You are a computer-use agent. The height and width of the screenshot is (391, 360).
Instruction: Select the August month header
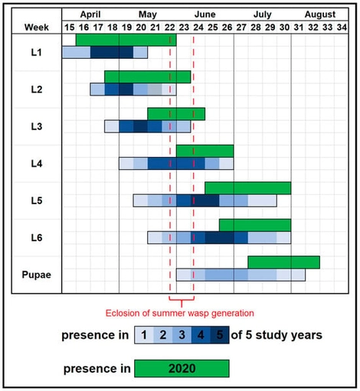click(319, 14)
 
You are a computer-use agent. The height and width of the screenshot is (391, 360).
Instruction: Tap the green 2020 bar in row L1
click(126, 40)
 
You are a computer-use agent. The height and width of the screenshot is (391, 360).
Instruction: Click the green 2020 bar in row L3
click(176, 114)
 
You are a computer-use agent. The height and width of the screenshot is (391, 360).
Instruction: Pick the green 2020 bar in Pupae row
click(283, 262)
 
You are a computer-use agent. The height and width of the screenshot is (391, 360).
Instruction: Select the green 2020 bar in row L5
click(247, 188)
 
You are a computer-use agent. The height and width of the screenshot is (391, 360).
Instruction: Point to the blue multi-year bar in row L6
click(219, 237)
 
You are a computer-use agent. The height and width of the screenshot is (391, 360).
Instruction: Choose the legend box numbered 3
click(182, 335)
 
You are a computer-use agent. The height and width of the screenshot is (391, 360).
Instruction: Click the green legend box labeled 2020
click(182, 367)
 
